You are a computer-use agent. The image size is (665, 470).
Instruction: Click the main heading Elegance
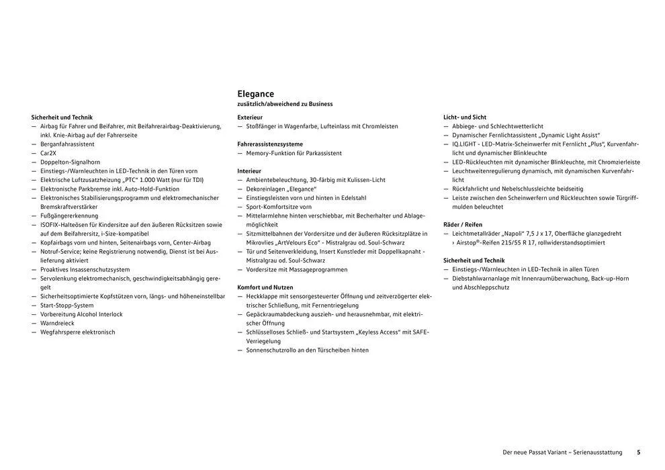[x=256, y=94]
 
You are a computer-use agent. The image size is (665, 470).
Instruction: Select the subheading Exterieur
[x=249, y=117]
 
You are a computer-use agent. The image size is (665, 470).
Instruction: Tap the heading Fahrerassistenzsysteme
[x=270, y=144]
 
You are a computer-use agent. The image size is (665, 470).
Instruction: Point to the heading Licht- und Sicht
[x=465, y=117]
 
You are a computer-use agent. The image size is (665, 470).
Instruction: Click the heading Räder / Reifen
[x=463, y=224]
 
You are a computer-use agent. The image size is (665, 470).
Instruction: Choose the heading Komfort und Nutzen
[x=265, y=287]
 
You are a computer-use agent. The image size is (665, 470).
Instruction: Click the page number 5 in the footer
[x=638, y=453]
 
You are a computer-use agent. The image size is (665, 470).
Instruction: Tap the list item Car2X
[x=48, y=153]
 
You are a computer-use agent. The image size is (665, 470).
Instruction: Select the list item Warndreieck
[x=58, y=323]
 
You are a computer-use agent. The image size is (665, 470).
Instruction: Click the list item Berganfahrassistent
[x=67, y=144]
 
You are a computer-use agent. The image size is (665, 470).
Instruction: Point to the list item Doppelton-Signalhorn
[x=70, y=162]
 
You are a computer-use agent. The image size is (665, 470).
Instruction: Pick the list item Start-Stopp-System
[x=67, y=305]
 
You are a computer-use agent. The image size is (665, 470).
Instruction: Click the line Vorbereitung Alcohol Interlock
[x=81, y=314]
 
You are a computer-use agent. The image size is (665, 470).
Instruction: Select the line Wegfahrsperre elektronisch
[x=77, y=332]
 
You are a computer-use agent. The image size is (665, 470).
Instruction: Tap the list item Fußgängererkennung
[x=69, y=216]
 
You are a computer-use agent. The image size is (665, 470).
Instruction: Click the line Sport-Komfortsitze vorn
[x=279, y=207]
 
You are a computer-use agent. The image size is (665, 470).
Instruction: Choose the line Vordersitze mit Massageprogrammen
[x=296, y=269]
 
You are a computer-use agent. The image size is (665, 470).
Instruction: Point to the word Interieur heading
[x=249, y=171]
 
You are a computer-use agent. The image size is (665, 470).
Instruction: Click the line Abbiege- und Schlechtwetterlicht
[x=498, y=126]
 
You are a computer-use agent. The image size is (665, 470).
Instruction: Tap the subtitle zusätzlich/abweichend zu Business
[x=285, y=104]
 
